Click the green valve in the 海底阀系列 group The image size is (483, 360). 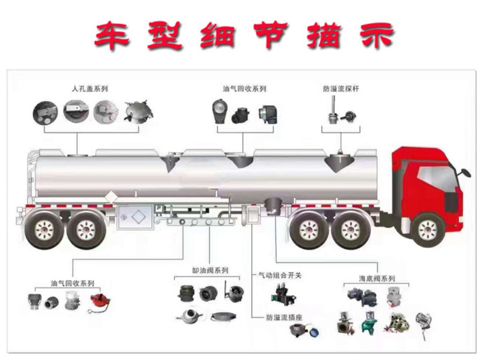pos(367,325)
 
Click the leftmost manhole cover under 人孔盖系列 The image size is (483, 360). pos(44,112)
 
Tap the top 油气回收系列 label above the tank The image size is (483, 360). pos(244,89)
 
